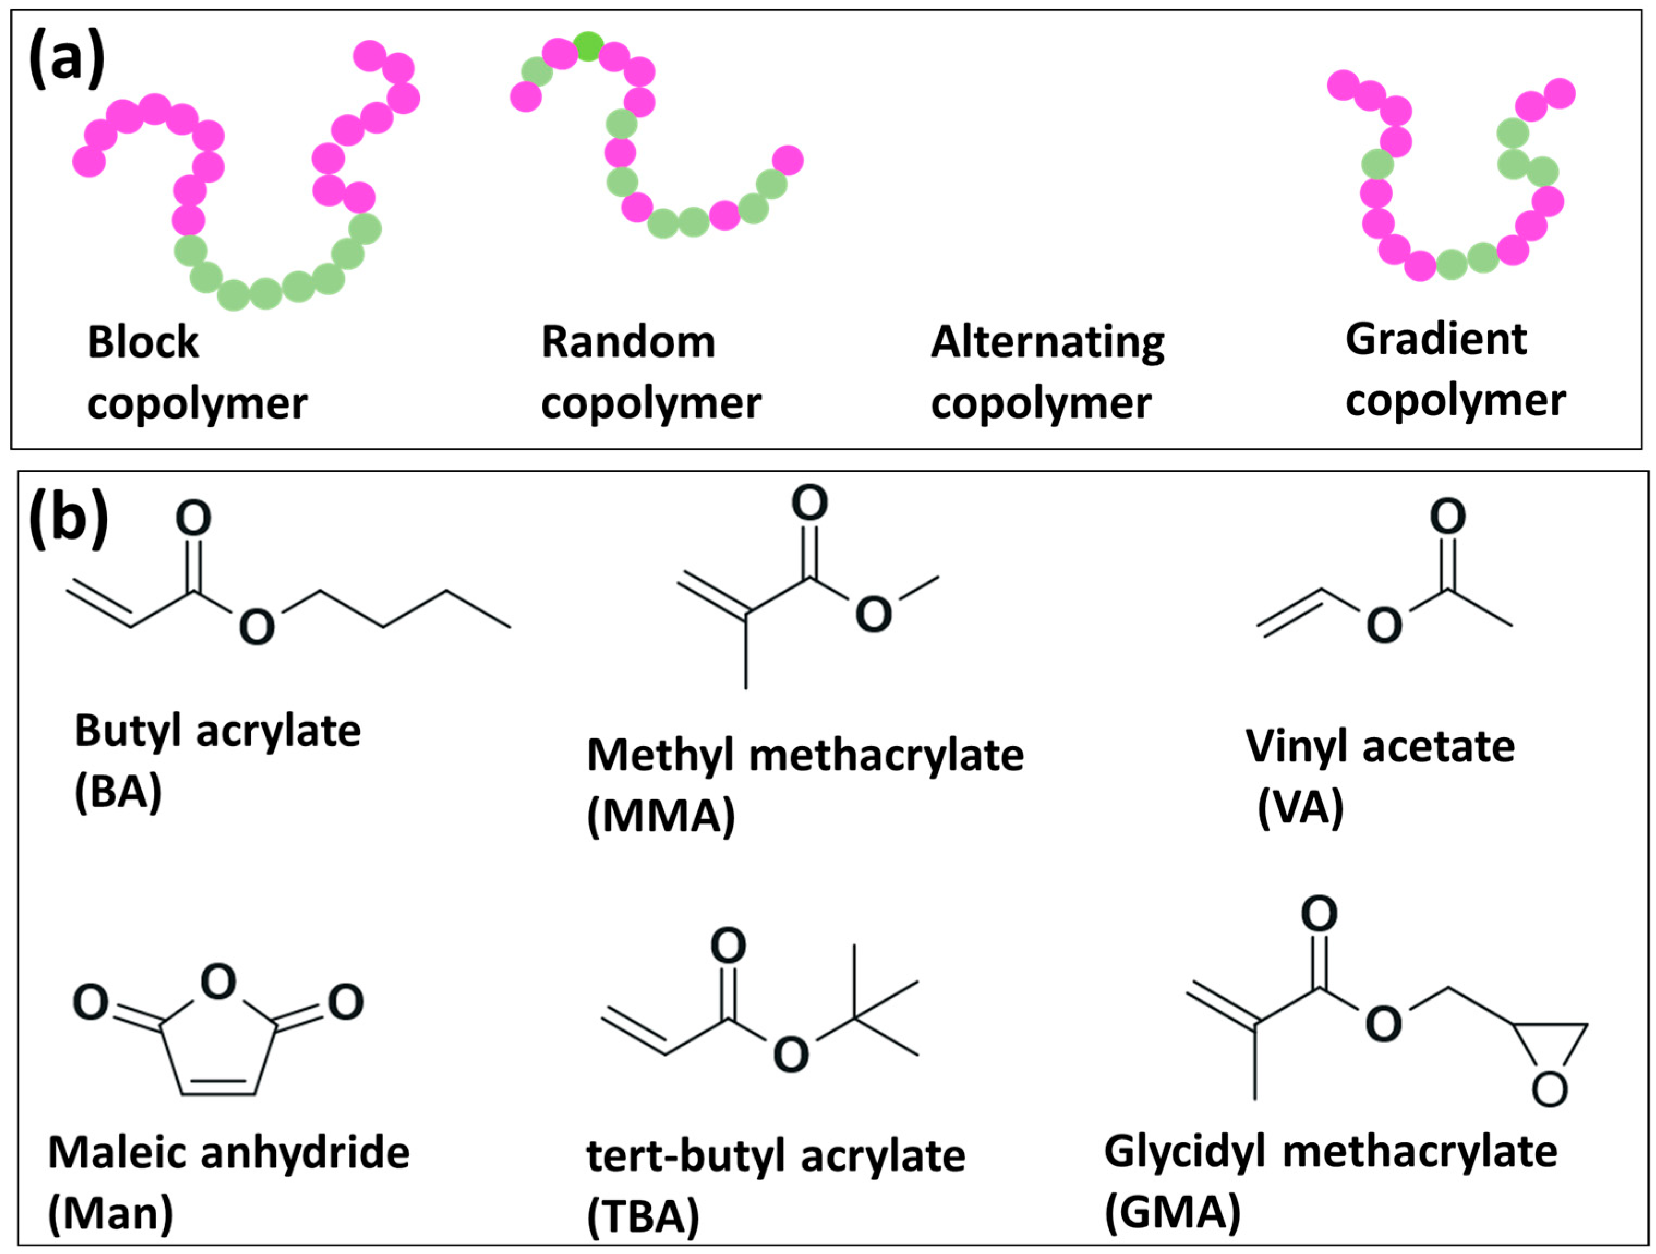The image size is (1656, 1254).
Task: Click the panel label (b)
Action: pos(68,519)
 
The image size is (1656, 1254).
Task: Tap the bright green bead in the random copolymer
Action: pos(589,46)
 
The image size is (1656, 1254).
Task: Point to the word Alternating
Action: pos(1047,344)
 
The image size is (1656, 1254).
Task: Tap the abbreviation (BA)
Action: pos(118,791)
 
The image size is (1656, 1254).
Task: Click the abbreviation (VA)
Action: pos(1301,808)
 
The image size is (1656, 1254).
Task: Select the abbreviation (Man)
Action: pos(110,1213)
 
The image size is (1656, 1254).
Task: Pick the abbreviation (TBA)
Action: pos(642,1216)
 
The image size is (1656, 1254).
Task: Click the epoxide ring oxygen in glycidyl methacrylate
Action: pos(1549,1089)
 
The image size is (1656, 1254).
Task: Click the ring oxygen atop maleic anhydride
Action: pos(219,982)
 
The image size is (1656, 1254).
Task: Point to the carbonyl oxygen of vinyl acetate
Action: pos(1447,516)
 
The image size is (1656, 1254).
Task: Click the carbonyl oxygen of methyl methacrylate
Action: pos(810,502)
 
